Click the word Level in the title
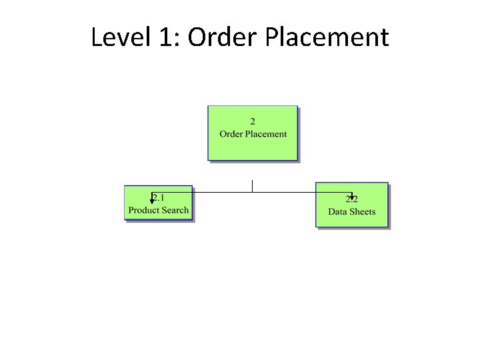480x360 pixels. click(x=113, y=37)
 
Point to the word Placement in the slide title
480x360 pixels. click(x=327, y=37)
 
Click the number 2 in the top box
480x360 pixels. click(x=253, y=121)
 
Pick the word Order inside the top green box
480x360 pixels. click(x=231, y=134)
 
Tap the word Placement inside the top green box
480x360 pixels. click(x=267, y=134)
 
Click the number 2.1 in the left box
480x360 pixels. click(x=159, y=197)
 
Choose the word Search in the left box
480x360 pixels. click(x=176, y=210)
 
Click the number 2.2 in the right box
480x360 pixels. click(x=352, y=199)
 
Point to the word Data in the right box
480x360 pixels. click(x=337, y=212)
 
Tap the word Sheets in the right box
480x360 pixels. click(x=363, y=212)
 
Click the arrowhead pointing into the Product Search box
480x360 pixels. click(x=152, y=200)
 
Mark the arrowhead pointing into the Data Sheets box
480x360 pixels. click(x=351, y=197)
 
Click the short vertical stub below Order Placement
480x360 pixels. click(x=252, y=186)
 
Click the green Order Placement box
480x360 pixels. click(x=253, y=148)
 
